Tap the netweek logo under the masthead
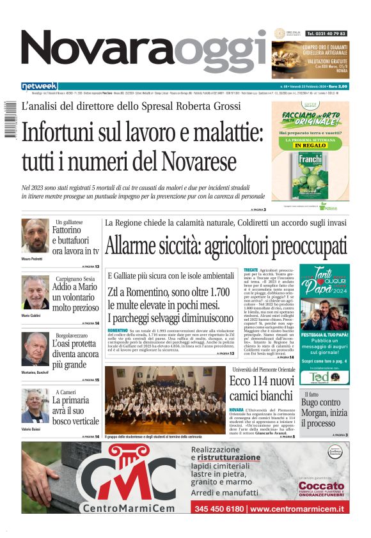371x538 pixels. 40,86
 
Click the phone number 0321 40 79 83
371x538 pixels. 326,33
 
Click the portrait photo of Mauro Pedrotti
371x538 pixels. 35,236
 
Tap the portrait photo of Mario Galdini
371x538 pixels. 35,292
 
